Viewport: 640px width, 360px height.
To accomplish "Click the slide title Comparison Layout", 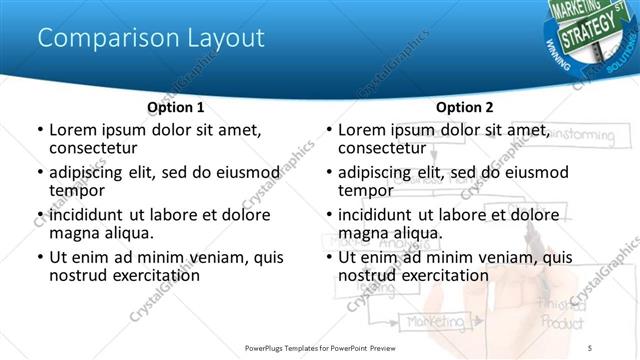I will tap(151, 38).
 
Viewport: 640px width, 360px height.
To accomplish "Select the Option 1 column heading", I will tap(176, 107).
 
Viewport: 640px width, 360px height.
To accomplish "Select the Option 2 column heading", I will tap(465, 107).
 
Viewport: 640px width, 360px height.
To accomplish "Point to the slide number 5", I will tap(590, 347).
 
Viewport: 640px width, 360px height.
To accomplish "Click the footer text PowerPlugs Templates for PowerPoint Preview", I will tap(320, 347).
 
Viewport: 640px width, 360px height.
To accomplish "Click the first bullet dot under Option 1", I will tap(39, 130).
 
